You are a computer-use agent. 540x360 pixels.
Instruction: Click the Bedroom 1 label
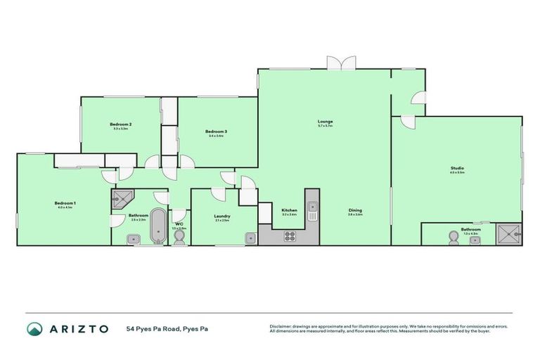[x=65, y=204]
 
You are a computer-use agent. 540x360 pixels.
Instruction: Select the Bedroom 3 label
[x=216, y=131]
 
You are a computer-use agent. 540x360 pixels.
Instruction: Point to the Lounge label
[x=325, y=122]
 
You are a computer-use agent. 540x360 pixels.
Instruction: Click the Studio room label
[x=457, y=168]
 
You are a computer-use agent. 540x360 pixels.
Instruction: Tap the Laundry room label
[x=222, y=216]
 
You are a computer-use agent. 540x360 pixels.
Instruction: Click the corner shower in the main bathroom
[x=120, y=199]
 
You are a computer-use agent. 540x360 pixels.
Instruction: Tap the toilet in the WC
[x=179, y=238]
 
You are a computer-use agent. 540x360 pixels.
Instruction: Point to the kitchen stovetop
[x=290, y=237]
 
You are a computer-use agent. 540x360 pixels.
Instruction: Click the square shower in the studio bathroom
[x=508, y=234]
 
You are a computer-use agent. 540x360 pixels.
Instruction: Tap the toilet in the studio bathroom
[x=453, y=239]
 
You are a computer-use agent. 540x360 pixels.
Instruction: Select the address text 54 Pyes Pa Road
[x=167, y=328]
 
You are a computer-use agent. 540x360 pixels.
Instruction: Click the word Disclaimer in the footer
[x=280, y=326]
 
